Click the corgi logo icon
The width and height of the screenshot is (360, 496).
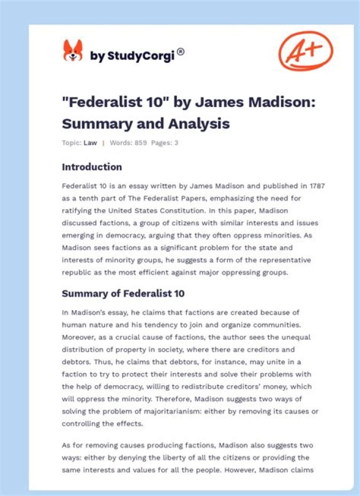click(x=72, y=51)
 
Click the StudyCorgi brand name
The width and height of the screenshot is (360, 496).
click(x=132, y=56)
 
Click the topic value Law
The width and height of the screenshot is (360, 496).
click(x=90, y=143)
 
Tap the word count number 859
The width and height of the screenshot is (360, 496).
click(x=140, y=143)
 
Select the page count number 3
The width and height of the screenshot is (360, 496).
click(x=176, y=143)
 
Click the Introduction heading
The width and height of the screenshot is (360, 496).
click(x=91, y=167)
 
